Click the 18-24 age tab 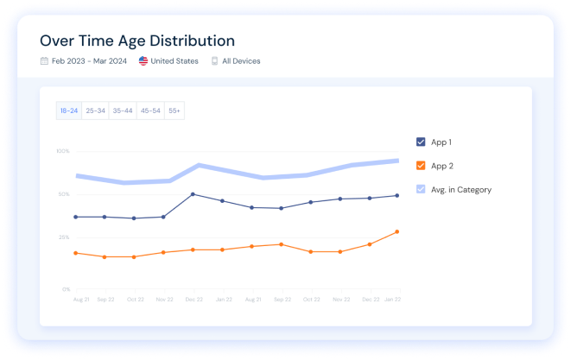68,111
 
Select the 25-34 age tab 95,111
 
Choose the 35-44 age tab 123,111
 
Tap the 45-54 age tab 150,111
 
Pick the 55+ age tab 174,111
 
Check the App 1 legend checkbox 421,142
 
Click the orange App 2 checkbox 421,165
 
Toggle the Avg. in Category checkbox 421,189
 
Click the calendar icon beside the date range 44,61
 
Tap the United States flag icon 143,61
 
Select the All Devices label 241,61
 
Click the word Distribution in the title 190,41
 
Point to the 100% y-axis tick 63,151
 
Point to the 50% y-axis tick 64,194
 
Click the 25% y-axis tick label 64,237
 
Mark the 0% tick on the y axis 66,289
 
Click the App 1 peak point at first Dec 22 193,194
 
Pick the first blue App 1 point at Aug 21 76,217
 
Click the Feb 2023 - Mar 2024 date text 88,61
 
